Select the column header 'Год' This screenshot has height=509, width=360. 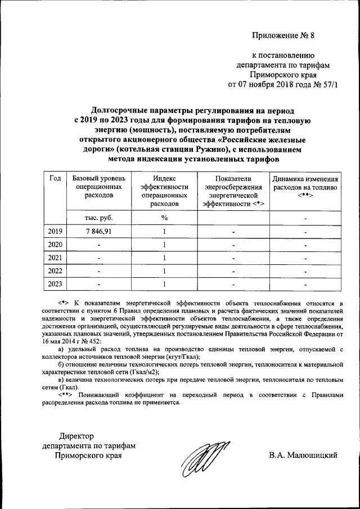point(55,179)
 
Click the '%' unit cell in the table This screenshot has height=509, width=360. point(164,218)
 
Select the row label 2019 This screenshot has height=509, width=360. point(55,231)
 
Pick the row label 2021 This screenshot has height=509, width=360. point(55,258)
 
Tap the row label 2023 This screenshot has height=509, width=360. point(55,284)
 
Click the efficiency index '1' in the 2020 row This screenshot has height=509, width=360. point(164,245)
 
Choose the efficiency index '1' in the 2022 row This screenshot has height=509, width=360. point(164,271)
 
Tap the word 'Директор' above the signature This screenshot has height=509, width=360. point(77,436)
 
